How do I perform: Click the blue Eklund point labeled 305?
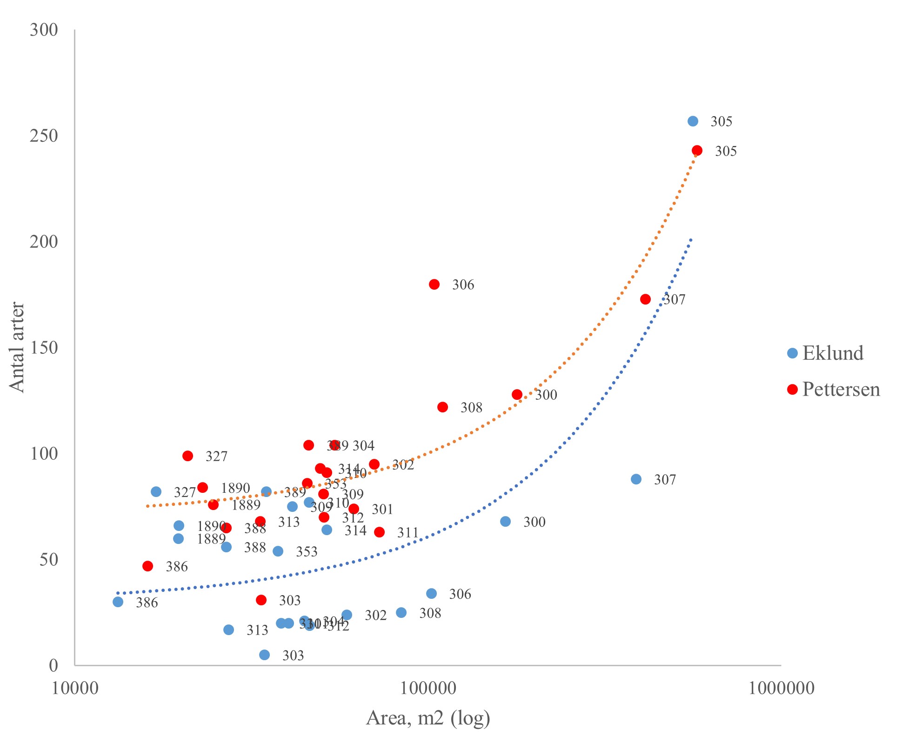coord(693,121)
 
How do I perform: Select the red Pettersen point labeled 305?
coord(697,151)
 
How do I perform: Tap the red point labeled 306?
coord(434,285)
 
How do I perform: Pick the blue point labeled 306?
coord(432,594)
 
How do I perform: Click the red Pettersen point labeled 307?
coord(645,299)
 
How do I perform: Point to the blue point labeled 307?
coord(636,479)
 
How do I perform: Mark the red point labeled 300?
coord(517,395)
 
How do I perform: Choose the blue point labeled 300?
coord(505,522)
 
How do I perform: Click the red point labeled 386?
coord(148,566)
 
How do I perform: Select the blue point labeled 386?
coord(118,602)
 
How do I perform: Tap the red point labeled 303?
coord(261,600)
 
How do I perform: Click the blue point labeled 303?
coord(264,655)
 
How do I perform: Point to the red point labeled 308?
coord(442,407)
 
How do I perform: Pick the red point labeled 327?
coord(188,456)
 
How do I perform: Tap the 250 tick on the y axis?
coord(44,136)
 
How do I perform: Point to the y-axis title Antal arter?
coord(17,347)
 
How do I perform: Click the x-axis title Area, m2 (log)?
coord(428,718)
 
